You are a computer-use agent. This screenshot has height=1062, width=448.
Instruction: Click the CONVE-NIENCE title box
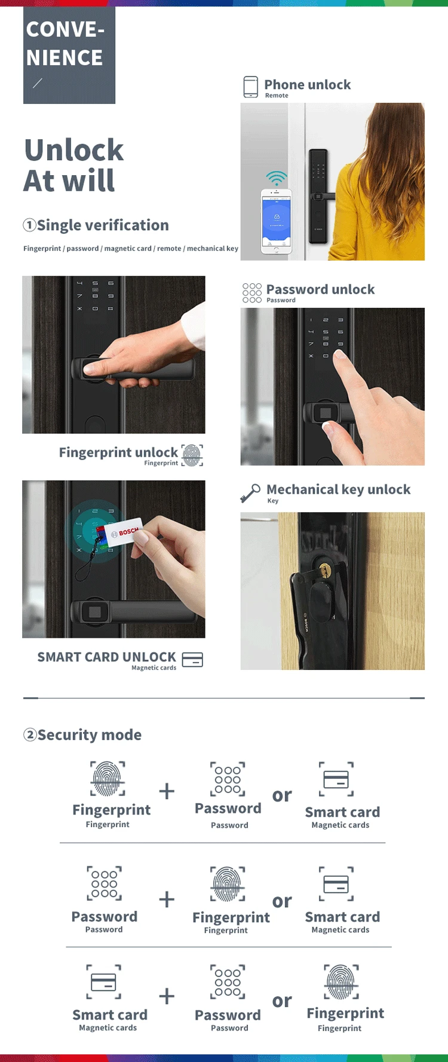coord(69,55)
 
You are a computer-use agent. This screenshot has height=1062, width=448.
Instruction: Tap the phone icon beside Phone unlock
coord(251,87)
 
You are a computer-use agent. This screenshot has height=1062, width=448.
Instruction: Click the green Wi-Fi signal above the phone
coord(276,178)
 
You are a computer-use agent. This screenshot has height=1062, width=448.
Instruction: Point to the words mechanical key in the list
coord(212,249)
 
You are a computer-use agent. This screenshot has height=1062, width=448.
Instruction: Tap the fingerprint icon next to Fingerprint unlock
coord(192,455)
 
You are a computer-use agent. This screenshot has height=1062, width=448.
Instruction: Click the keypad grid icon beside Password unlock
coord(252,293)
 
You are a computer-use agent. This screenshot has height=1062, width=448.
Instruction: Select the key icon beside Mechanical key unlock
coord(250,494)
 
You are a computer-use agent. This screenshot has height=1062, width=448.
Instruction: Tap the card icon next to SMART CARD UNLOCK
coord(192,660)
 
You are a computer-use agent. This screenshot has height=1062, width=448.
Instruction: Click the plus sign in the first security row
coord(167,791)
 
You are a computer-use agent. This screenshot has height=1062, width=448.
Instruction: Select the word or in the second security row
coord(282,901)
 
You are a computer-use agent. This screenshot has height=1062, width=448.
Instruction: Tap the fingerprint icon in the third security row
coord(342,981)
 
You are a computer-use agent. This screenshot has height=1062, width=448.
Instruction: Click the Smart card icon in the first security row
coord(336,779)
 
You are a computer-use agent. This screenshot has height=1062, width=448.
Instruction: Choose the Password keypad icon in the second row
coord(105,883)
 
